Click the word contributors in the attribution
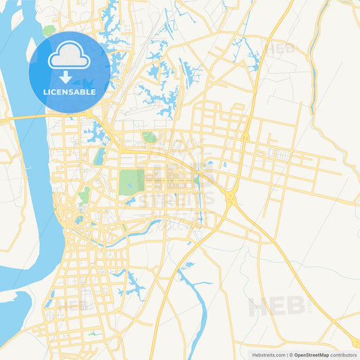pyautogui.click(x=343, y=354)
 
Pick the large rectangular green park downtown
pyautogui.click(x=132, y=182)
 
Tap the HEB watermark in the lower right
pyautogui.click(x=276, y=305)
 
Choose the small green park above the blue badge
pyautogui.click(x=49, y=30)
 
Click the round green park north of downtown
pyautogui.click(x=149, y=137)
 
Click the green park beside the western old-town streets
pyautogui.click(x=84, y=197)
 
